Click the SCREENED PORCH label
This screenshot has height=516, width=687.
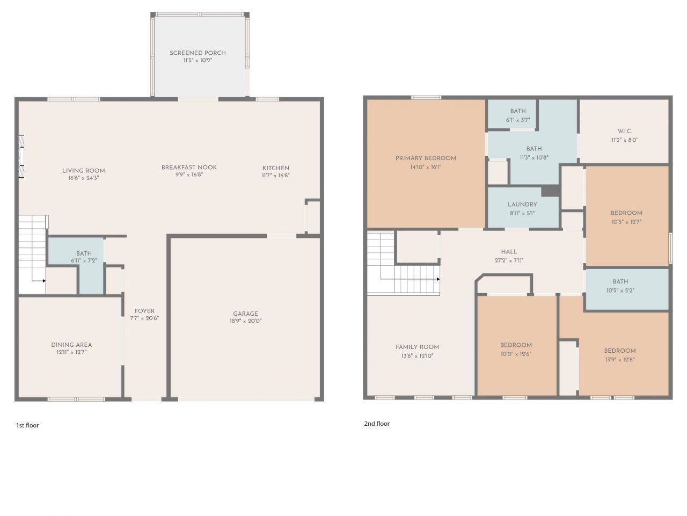198,53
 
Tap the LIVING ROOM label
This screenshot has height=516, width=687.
84,171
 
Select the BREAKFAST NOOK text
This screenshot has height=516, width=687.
189,167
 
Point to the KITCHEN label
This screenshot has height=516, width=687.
275,168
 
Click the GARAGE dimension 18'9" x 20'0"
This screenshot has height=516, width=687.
245,321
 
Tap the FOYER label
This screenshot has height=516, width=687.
144,311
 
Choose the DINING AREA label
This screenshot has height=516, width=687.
71,345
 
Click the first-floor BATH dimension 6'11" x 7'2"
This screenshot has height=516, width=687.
84,260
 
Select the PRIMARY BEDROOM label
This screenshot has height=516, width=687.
426,158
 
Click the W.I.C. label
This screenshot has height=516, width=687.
624,131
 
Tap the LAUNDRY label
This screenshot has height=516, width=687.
522,205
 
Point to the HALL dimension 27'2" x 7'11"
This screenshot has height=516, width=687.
509,260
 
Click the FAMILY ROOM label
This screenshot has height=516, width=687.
417,347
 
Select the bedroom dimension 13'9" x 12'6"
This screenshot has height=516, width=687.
620,359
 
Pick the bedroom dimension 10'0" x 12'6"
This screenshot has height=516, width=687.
516,354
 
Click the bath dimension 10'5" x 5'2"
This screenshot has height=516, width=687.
620,290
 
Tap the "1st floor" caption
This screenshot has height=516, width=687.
27,425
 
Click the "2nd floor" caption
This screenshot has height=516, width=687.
377,424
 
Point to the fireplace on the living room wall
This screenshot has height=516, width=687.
21,156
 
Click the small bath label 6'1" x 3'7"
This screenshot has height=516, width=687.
518,120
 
